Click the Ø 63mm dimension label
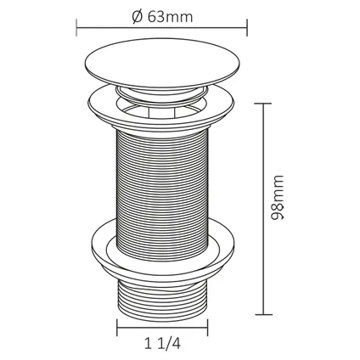pos(163,17)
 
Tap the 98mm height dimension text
pos(277,198)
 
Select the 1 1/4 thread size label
pos(162,344)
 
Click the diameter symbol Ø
pos(138,17)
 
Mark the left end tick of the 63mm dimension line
pos(76,28)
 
